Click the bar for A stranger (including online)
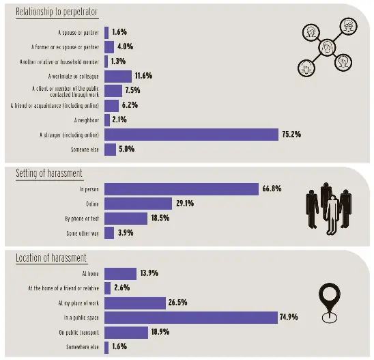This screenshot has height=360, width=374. (x=191, y=135)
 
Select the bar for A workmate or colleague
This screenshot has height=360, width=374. (x=117, y=76)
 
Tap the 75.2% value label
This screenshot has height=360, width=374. (x=291, y=135)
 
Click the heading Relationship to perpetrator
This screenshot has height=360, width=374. (x=57, y=12)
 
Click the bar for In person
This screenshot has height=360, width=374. (x=182, y=189)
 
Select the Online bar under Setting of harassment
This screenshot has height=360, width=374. (x=138, y=204)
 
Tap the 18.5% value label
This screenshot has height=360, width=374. (x=160, y=219)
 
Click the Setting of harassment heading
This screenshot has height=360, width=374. (x=50, y=174)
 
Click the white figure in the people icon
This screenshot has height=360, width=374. (x=332, y=213)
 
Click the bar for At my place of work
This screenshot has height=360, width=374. (x=135, y=303)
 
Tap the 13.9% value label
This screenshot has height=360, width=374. (x=149, y=273)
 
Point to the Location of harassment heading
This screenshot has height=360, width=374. (x=51, y=258)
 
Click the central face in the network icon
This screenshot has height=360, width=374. (x=328, y=48)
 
